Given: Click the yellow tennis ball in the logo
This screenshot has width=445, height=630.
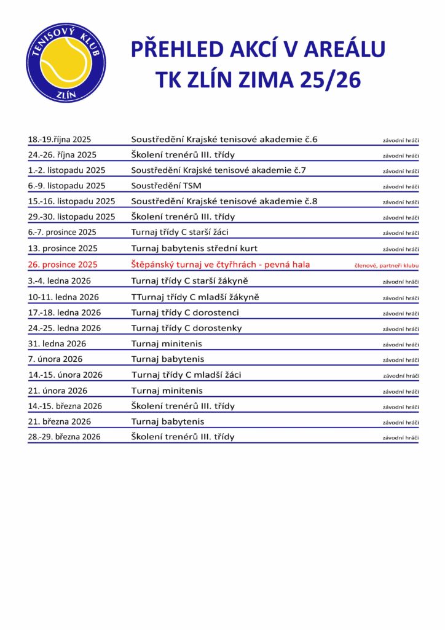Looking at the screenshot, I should point(65,63).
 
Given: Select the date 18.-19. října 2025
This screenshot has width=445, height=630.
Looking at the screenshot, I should point(60,140).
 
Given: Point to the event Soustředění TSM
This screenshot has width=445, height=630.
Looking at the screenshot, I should point(166,186).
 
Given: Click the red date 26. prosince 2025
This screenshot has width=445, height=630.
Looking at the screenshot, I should point(63,265).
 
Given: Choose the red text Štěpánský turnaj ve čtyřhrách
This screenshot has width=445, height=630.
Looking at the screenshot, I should point(221,265).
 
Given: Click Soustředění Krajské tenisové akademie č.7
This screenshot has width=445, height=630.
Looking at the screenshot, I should point(224,170).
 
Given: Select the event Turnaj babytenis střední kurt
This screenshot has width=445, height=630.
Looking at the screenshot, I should point(194,249).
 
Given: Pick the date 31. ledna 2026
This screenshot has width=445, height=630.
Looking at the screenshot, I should point(57,343).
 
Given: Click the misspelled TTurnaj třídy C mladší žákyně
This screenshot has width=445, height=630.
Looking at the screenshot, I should point(195,297).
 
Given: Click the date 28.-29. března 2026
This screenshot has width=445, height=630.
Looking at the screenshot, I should point(65,437).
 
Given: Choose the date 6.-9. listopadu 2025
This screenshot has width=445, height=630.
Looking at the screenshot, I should point(66,186).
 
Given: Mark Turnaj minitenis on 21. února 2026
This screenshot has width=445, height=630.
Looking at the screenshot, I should point(167,391).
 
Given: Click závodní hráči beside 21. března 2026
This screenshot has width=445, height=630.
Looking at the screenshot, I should point(401,423).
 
